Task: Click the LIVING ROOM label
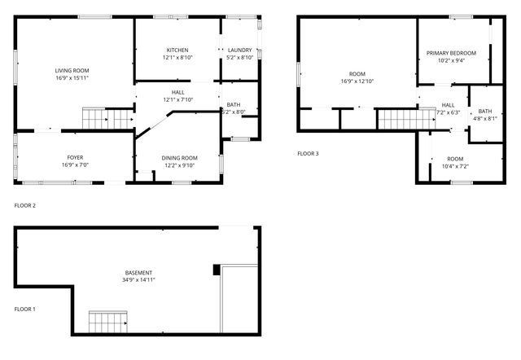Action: pyautogui.click(x=72, y=71)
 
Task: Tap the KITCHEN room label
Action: pyautogui.click(x=177, y=50)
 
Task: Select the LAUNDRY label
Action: pyautogui.click(x=239, y=50)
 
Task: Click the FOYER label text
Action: pyautogui.click(x=75, y=157)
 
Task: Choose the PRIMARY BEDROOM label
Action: pyautogui.click(x=451, y=53)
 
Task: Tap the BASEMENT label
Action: pyautogui.click(x=138, y=272)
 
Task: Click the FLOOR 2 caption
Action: pyautogui.click(x=25, y=205)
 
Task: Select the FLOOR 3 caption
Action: pyautogui.click(x=308, y=153)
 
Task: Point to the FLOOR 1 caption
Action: pyautogui.click(x=25, y=309)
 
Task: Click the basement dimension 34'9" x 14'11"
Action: pyautogui.click(x=138, y=280)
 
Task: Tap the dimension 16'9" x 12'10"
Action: pyautogui.click(x=357, y=81)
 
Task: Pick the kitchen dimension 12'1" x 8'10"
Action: pyautogui.click(x=177, y=58)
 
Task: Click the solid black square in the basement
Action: pyautogui.click(x=217, y=270)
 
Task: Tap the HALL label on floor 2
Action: pyautogui.click(x=177, y=92)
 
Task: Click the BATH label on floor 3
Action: pyautogui.click(x=485, y=111)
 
